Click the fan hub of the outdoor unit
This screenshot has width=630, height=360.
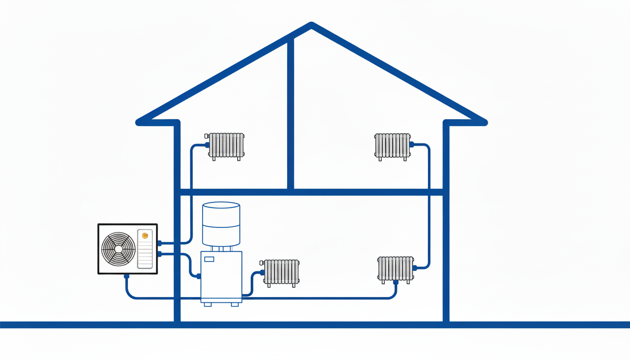[x=118, y=249]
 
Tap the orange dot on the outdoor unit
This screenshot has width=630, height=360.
[x=145, y=235]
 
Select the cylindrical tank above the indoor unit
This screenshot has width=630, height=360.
[x=221, y=224]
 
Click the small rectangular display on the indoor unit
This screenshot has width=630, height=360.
[x=209, y=259]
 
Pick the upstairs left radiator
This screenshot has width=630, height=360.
[x=226, y=145]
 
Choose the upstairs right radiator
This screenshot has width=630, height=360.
[x=392, y=145]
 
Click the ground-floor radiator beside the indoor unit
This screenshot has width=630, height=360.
[x=281, y=272]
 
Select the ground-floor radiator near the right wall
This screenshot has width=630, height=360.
[x=396, y=269]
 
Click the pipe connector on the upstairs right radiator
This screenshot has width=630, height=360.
[x=412, y=144]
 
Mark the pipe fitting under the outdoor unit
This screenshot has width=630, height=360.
[x=127, y=277]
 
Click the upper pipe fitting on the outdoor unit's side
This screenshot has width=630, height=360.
[x=160, y=243]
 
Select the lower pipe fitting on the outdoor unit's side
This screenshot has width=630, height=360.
[x=160, y=254]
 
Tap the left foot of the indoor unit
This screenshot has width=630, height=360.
[x=208, y=304]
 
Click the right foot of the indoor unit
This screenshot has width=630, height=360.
[x=235, y=304]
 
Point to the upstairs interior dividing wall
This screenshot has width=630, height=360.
[x=291, y=112]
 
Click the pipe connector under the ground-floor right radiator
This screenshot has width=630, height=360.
[x=396, y=282]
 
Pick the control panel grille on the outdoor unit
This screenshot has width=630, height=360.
[x=145, y=253]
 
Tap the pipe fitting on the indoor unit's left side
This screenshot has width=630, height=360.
[x=199, y=276]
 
